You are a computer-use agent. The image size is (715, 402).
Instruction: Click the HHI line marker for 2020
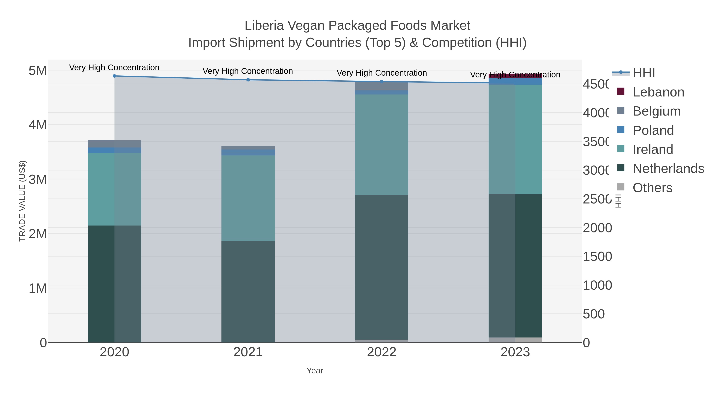(114, 76)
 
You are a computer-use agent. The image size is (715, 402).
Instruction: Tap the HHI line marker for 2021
(248, 80)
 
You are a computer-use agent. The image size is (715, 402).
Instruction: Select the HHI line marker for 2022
(382, 82)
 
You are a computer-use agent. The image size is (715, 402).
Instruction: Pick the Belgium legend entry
(656, 111)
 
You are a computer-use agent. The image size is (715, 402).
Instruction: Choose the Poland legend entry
(653, 130)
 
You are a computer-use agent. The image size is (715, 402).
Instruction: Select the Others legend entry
(652, 188)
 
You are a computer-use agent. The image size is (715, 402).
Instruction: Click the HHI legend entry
(643, 73)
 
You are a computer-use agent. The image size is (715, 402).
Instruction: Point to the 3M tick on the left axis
(38, 179)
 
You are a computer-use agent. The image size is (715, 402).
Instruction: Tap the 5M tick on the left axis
(38, 70)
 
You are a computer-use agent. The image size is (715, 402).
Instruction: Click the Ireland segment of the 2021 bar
(248, 198)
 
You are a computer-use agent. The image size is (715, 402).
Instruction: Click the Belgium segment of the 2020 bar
(114, 144)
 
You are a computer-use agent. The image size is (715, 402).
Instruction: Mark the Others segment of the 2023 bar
(515, 340)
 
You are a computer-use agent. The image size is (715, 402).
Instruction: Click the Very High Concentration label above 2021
(248, 71)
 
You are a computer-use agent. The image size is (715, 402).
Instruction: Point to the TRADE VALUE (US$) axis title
(22, 201)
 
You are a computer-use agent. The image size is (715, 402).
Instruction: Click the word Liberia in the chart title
(264, 26)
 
